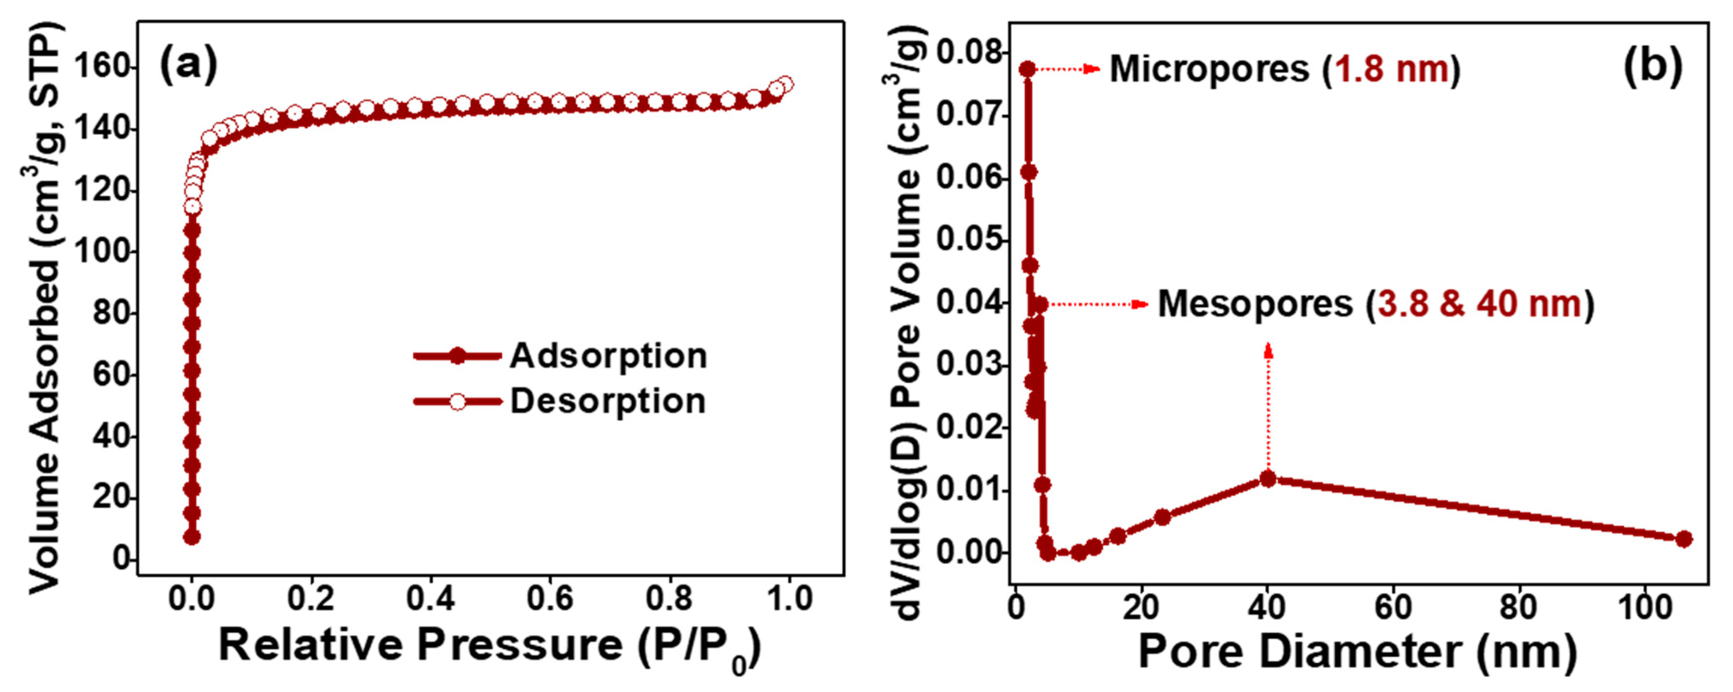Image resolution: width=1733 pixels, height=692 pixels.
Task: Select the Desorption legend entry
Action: (x=608, y=401)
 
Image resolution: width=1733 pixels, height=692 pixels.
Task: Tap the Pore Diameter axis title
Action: (x=1357, y=651)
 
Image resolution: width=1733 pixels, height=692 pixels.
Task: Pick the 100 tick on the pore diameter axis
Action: (x=1644, y=607)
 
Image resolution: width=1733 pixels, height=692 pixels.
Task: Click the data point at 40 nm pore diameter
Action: (x=1268, y=479)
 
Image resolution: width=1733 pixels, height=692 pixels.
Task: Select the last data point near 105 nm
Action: (x=1683, y=539)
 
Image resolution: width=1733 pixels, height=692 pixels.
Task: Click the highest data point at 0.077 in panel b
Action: (x=1027, y=68)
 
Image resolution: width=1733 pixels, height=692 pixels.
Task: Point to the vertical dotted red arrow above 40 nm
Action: (x=1268, y=410)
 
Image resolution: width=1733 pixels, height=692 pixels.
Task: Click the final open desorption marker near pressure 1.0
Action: (x=784, y=83)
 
